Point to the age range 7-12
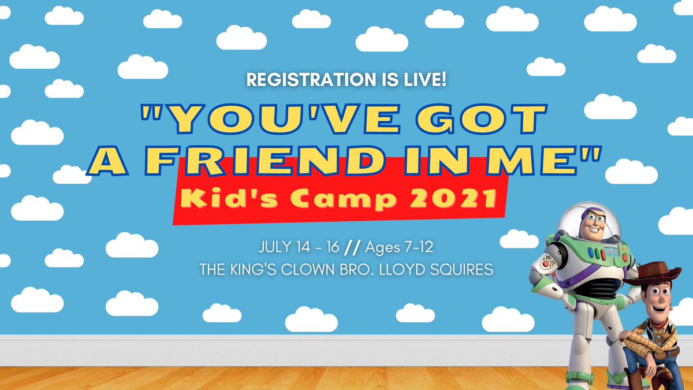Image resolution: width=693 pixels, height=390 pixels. coord(428,249)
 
